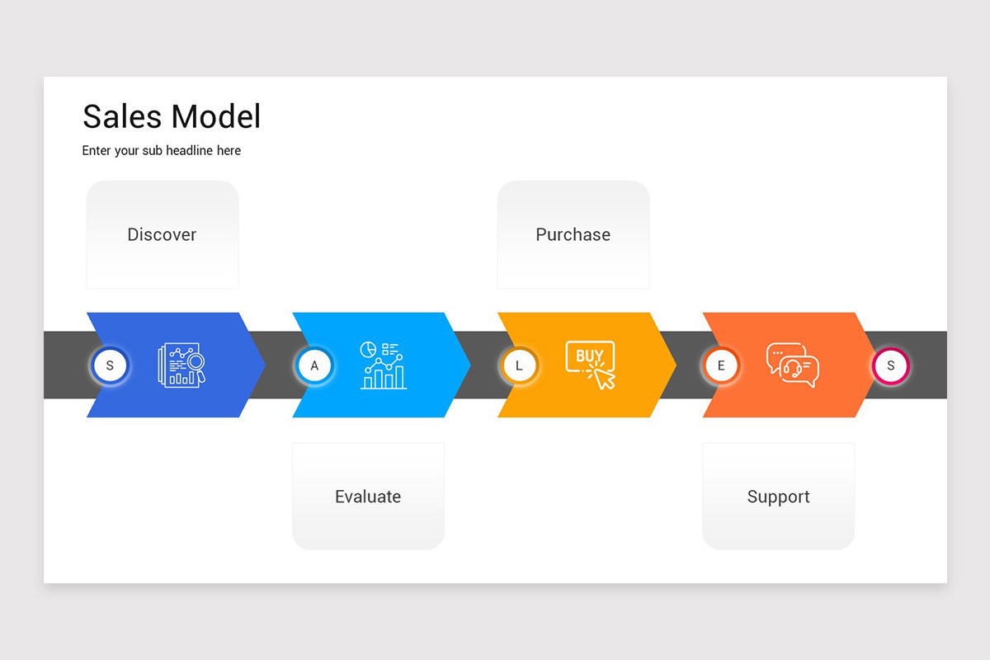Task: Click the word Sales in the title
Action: click(x=122, y=117)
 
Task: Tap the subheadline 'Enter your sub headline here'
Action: click(x=162, y=151)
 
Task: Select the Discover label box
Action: click(x=163, y=234)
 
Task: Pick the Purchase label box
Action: click(x=573, y=234)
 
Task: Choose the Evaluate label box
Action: click(x=368, y=497)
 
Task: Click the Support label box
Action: click(x=778, y=497)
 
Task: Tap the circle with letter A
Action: click(x=314, y=365)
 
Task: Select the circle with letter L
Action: click(x=519, y=365)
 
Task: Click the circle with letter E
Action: click(x=721, y=365)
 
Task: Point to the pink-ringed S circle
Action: click(x=890, y=365)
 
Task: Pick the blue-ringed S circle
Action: click(x=110, y=365)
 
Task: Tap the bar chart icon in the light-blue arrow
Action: click(x=384, y=365)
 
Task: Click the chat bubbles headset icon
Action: click(x=793, y=365)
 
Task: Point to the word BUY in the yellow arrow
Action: click(x=589, y=356)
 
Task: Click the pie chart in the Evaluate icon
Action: click(x=368, y=349)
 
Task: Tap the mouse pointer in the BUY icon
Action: click(x=606, y=379)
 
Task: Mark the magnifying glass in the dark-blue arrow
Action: click(x=196, y=362)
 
